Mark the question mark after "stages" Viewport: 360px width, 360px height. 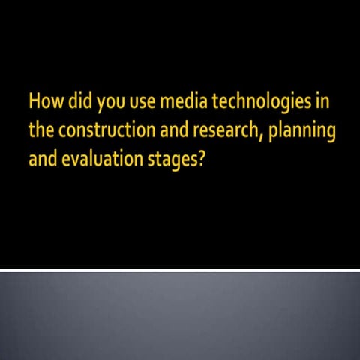[x=199, y=159]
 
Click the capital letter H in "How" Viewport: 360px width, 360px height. [x=34, y=100]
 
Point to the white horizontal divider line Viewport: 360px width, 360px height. [x=180, y=269]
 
